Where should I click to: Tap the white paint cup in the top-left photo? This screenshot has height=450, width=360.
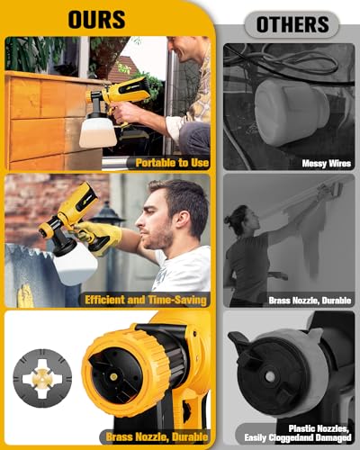tap(97, 131)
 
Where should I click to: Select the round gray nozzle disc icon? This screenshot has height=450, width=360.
tap(42, 378)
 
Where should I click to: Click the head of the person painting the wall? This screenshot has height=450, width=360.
tap(241, 220)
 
